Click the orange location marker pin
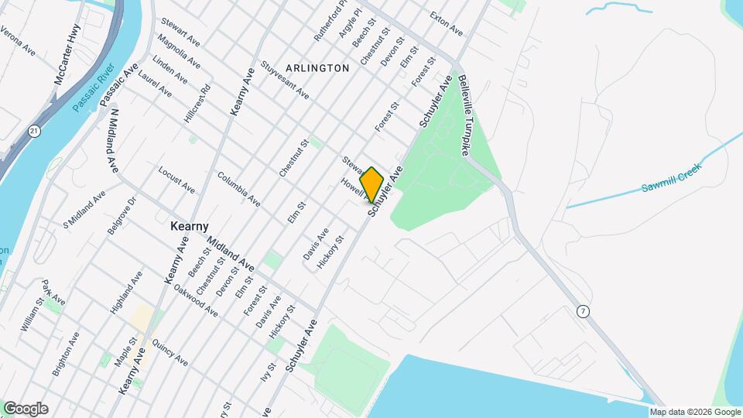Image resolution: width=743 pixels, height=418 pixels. pos(372,184)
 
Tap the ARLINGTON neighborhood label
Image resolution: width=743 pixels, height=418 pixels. pos(320,68)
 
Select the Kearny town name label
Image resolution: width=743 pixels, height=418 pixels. pos(190,226)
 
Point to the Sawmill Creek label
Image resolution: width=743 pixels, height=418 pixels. pos(670,177)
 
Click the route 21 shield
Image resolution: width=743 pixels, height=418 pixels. pos(34,132)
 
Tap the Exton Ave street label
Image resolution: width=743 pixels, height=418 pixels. pos(446,26)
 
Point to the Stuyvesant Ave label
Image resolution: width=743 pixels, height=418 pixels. pos(285,80)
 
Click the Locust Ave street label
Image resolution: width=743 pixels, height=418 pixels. pos(176,179)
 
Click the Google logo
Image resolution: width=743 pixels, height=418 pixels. pos(26,409)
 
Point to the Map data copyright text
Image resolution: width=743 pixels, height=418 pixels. pos(694,412)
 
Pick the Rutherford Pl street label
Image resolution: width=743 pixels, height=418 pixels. pos(327,26)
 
